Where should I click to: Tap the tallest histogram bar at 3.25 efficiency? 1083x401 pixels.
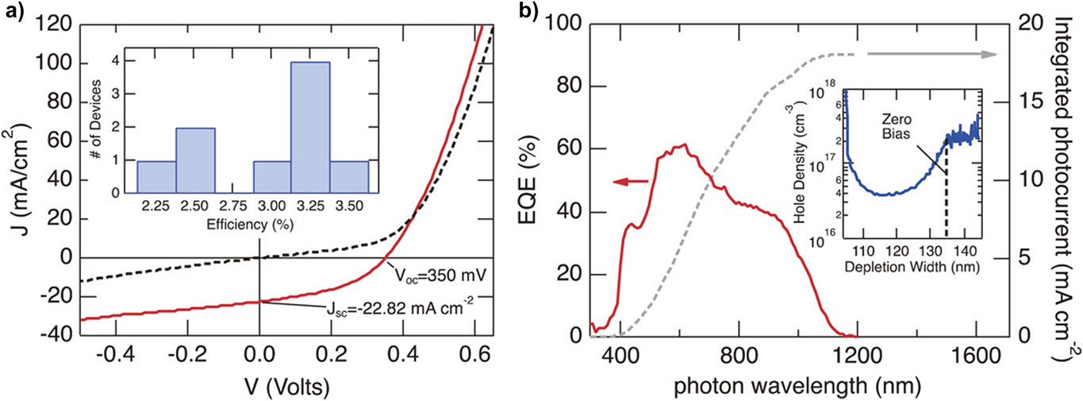pos(311,127)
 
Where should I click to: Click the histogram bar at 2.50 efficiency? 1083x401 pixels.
pos(195,160)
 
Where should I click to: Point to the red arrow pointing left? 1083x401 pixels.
pos(631,183)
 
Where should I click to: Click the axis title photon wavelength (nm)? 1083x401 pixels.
pos(798,385)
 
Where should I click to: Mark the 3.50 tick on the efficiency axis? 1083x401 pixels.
pos(350,206)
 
